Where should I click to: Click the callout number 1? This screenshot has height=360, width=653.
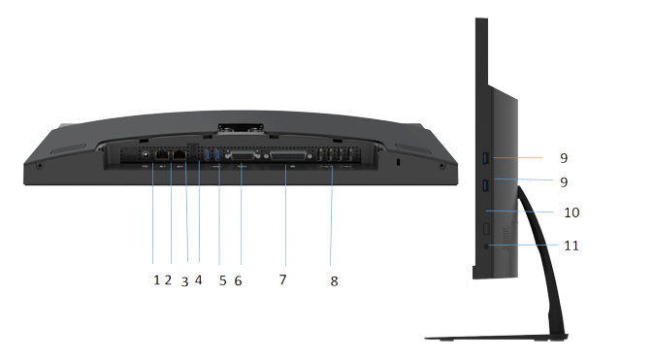click(x=156, y=280)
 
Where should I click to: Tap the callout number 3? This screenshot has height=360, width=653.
click(x=185, y=282)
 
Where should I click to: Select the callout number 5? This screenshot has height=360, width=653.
click(x=223, y=280)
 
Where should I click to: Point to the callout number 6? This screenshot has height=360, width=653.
click(x=239, y=280)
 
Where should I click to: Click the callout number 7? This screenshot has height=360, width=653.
click(x=283, y=279)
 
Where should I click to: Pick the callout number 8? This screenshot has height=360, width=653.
click(x=335, y=281)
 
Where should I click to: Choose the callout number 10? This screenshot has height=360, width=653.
click(x=571, y=213)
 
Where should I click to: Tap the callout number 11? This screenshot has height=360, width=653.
click(x=571, y=245)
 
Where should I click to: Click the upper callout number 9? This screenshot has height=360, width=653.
click(x=564, y=158)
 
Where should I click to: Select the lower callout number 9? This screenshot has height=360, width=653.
click(x=564, y=182)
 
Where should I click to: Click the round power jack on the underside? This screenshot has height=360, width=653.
click(x=146, y=155)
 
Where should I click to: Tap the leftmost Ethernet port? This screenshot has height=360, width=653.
click(x=162, y=154)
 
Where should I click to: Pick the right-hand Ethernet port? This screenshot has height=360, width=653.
click(x=180, y=154)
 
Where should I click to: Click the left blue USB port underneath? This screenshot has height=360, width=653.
click(x=208, y=154)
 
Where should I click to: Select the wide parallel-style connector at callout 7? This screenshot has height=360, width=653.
click(x=288, y=156)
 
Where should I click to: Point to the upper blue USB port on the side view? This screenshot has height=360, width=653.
click(x=484, y=158)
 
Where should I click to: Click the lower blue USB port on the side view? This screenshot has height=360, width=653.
click(x=484, y=185)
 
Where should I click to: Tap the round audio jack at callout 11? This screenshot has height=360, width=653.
click(x=486, y=246)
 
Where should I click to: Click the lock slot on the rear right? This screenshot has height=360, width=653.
click(x=398, y=162)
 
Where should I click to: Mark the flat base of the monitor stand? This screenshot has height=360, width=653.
click(x=497, y=337)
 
